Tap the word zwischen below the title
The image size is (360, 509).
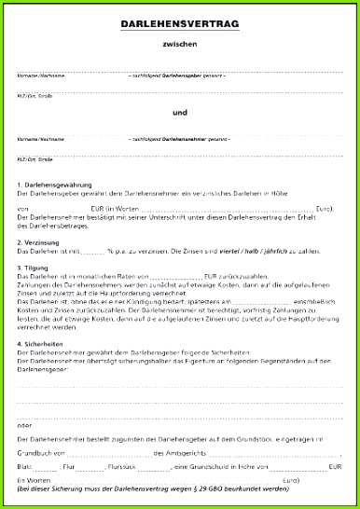179,44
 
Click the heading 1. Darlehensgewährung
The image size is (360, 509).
53,185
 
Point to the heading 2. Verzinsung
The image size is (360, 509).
40,242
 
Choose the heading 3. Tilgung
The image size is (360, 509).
35,268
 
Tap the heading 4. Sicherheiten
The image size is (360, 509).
43,344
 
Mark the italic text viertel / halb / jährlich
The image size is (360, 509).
245,252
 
